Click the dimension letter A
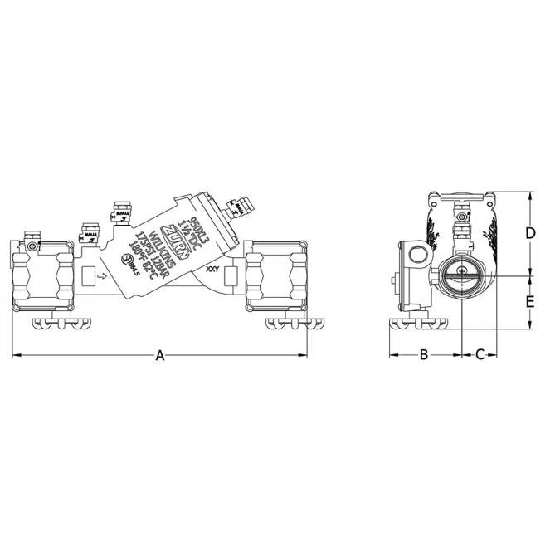click(161, 356)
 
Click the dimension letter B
click(423, 355)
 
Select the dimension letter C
click(480, 355)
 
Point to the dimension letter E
click(529, 302)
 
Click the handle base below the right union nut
click(293, 323)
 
